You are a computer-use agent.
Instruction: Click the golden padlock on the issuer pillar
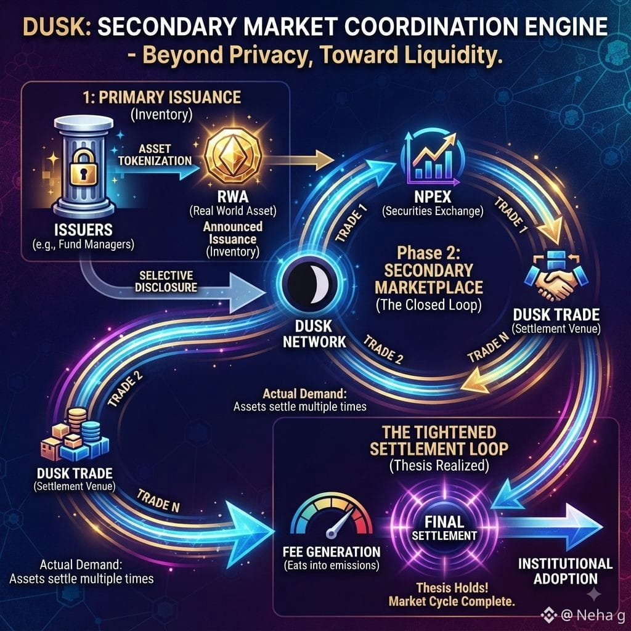coord(83,168)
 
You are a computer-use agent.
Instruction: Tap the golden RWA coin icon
coord(232,155)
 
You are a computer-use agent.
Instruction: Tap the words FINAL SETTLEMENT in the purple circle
coord(444,528)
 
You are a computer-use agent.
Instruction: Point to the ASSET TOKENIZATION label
coord(155,155)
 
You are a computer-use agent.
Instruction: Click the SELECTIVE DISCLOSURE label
coord(166,281)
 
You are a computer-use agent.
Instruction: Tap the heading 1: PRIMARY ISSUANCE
coord(162,97)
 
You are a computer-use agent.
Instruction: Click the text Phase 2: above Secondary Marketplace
coord(429,253)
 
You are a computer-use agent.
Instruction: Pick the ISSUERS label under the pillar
coord(83,230)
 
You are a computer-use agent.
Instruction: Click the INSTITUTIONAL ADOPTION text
coord(566,571)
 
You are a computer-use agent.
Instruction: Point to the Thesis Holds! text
coord(452,587)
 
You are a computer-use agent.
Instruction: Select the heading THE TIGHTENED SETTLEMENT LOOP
coord(439,441)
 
